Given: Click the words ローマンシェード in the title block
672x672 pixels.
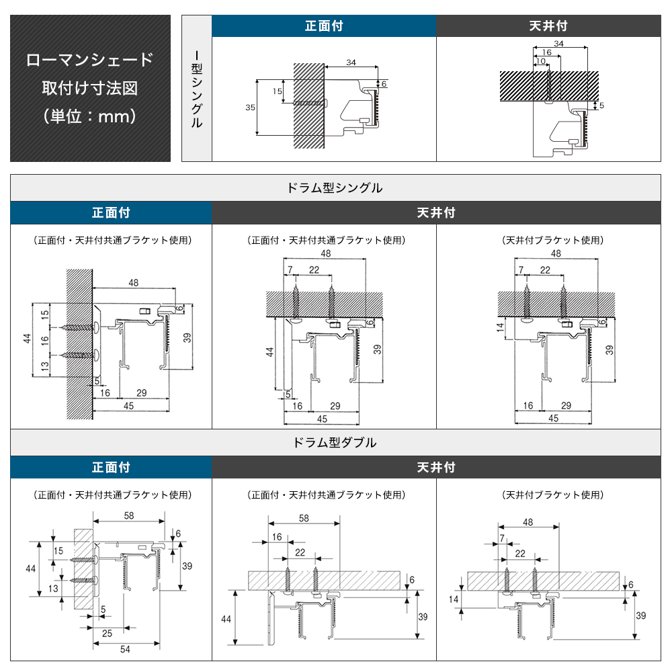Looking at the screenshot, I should coord(90,60).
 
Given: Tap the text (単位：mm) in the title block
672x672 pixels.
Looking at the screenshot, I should coord(90,116).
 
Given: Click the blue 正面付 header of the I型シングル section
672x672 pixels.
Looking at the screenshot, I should coord(324,26).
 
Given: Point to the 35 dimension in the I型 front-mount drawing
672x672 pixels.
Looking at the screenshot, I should coord(249,108).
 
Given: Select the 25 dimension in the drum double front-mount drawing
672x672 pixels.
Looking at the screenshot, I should coord(107,632).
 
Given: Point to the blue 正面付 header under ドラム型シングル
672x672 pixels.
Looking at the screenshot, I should coord(111,213).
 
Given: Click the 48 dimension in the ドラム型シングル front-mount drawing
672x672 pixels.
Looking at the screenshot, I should coord(133,283).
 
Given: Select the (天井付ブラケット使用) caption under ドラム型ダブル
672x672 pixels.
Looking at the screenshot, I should coord(552,495).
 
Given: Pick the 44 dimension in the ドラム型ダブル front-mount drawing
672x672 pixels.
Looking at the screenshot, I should coord(30,569).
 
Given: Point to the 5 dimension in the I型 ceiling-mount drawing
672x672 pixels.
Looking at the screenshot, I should coord(601,106).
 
